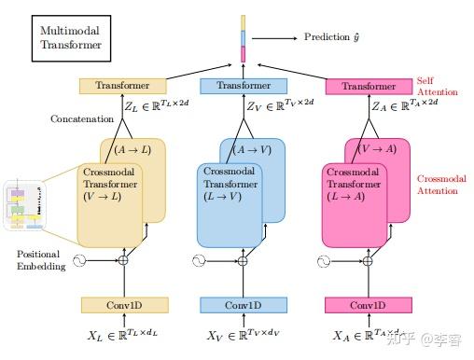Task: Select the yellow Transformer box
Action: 123,86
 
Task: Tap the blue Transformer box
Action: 243,86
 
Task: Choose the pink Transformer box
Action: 369,87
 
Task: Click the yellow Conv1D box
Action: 124,305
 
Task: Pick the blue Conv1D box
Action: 243,305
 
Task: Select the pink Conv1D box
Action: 368,305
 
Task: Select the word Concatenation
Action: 82,119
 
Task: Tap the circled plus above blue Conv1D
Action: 243,261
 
